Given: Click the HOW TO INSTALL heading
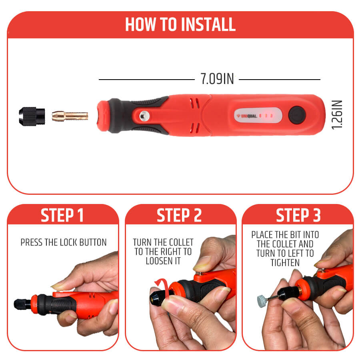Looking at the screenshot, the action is pos(180,24).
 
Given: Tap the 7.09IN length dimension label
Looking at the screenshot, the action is pos(217,79).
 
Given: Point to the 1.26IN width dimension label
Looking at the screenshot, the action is pos(337,115).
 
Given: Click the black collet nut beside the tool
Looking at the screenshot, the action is pos(32,116).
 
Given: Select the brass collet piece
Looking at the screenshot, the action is pos(70,116).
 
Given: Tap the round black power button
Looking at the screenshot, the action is pos(297,115).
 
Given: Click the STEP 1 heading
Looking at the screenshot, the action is pos(62,215).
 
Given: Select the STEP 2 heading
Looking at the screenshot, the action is pos(179,215).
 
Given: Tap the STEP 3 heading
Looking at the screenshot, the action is pos(298,215).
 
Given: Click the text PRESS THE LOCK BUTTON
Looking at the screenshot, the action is pos(64,242).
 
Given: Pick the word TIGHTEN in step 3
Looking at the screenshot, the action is pos(285,263).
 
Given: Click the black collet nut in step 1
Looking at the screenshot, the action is pos(22,304).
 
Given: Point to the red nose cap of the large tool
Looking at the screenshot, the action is pos(103,116).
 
